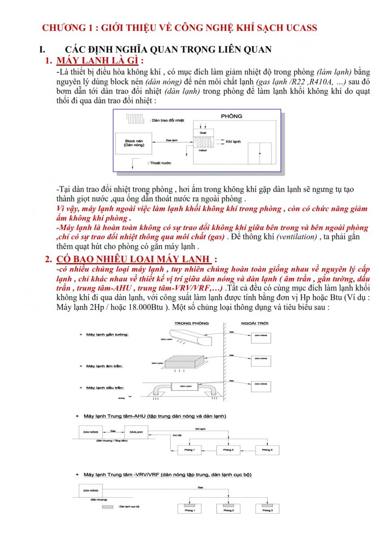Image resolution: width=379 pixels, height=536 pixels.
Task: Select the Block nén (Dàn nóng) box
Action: (133, 143)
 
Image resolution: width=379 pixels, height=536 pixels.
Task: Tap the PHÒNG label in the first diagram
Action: (232, 116)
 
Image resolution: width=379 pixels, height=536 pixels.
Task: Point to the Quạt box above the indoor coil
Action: (203, 132)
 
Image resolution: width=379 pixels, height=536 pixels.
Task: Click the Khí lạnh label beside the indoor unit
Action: (233, 142)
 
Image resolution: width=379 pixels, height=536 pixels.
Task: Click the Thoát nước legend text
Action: (161, 163)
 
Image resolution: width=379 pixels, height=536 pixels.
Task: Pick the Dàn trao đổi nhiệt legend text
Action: (168, 121)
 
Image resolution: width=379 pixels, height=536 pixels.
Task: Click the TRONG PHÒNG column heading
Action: (192, 323)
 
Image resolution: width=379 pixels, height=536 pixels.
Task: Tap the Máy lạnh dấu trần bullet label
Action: (105, 388)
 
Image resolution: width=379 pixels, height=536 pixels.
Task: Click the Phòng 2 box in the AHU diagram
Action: (228, 450)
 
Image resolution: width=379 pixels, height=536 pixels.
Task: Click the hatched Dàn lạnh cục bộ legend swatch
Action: (108, 507)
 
